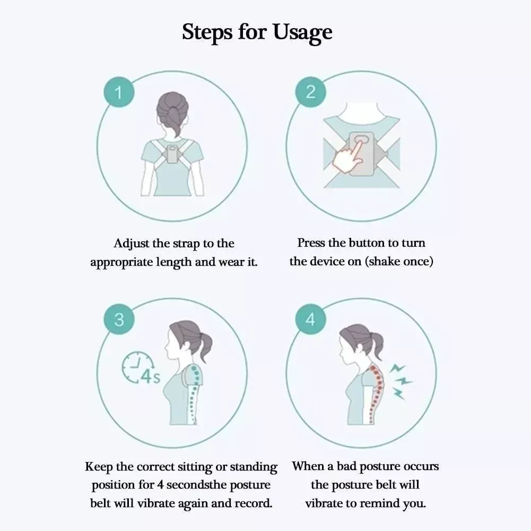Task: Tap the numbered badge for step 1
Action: click(119, 92)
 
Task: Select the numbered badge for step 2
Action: click(310, 92)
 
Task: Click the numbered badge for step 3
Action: click(119, 319)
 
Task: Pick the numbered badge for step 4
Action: click(310, 319)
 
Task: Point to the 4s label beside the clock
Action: click(150, 377)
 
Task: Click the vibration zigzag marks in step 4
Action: click(401, 381)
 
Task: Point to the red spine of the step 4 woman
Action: click(378, 393)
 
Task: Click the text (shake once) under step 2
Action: click(399, 262)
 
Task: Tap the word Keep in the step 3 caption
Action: click(99, 467)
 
